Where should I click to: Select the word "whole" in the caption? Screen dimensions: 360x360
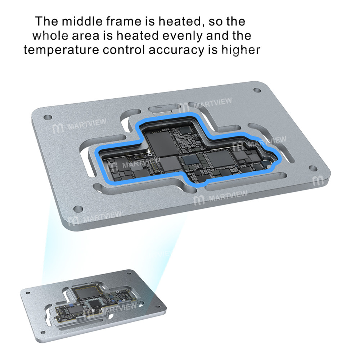(x=50, y=36)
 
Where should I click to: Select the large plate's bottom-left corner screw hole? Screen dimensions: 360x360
(x=78, y=209)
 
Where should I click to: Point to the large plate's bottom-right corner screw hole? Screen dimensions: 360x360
(x=313, y=168)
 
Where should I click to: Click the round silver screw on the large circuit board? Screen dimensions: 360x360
(x=150, y=155)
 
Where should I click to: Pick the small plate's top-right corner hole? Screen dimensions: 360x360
(x=129, y=273)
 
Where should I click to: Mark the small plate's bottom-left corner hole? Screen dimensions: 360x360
(x=42, y=332)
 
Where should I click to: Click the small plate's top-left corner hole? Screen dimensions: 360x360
(x=28, y=293)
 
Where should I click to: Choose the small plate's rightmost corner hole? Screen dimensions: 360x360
(x=158, y=306)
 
